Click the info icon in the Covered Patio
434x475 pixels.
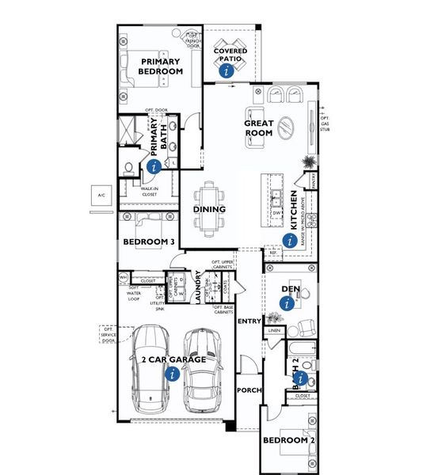[228, 70]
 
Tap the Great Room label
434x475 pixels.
[258, 127]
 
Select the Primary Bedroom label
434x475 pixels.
[161, 66]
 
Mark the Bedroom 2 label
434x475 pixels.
[284, 439]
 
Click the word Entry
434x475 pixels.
[249, 321]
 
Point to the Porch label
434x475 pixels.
[249, 391]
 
